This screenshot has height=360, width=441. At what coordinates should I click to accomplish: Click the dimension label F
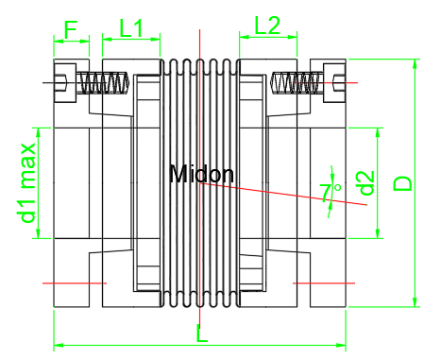pyautogui.click(x=70, y=28)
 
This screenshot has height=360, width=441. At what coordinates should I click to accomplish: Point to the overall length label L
pyautogui.click(x=202, y=333)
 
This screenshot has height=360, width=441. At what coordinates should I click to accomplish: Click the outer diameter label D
pyautogui.click(x=403, y=181)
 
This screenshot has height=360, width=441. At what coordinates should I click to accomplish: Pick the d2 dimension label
pyautogui.click(x=366, y=182)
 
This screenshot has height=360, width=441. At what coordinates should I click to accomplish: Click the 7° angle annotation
pyautogui.click(x=331, y=192)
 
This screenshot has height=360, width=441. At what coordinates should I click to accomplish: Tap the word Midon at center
pyautogui.click(x=201, y=174)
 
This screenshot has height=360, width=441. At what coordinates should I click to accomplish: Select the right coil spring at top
pyautogui.click(x=294, y=83)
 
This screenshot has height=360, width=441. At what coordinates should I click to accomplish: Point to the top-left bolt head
pyautogui.click(x=61, y=82)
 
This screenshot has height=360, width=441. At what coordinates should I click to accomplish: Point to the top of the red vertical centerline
pyautogui.click(x=200, y=38)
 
